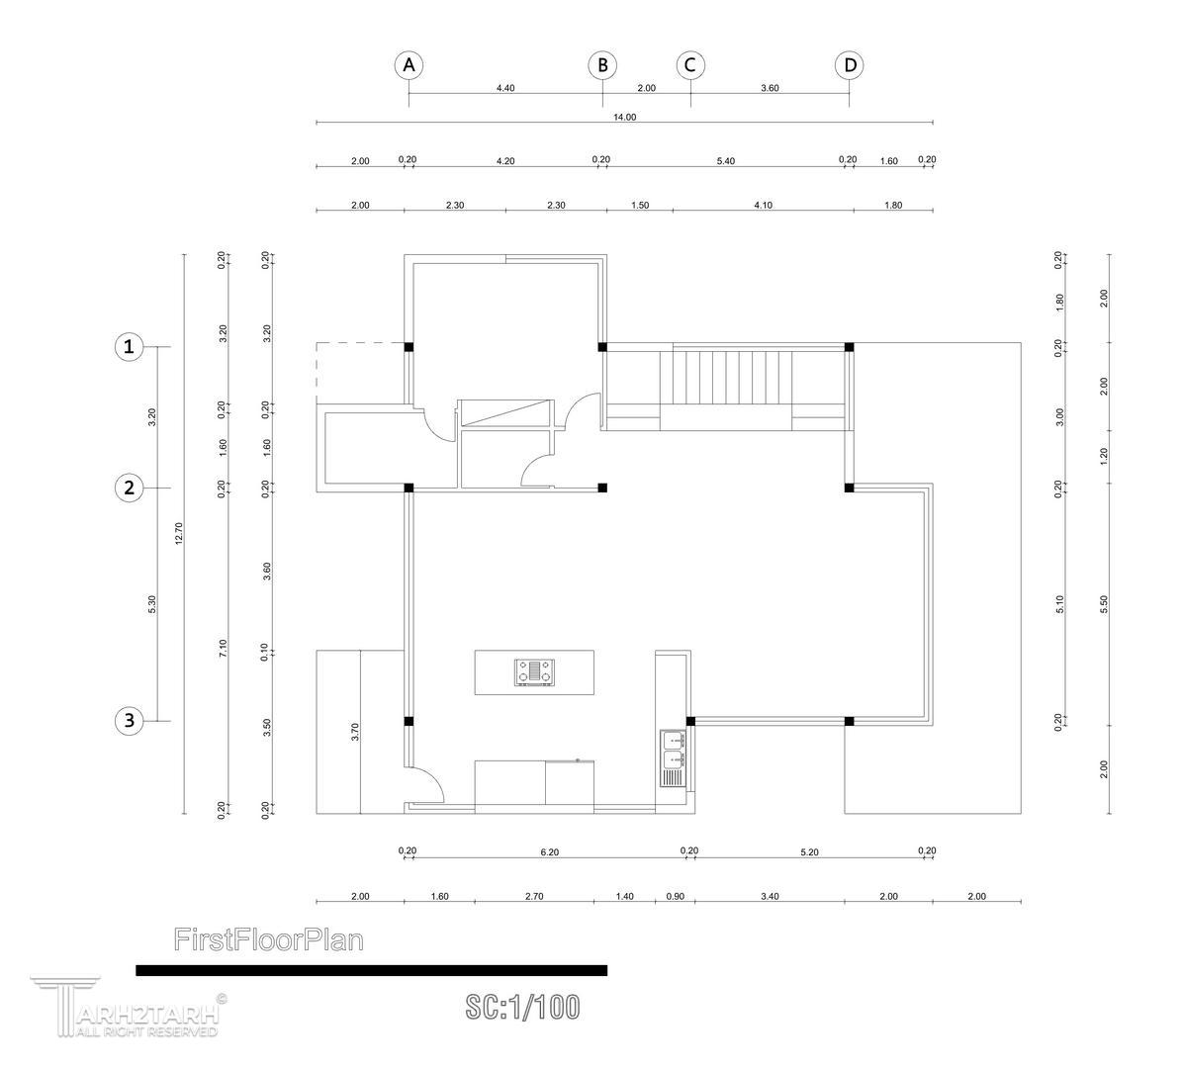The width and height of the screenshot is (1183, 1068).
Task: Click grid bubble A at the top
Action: (409, 65)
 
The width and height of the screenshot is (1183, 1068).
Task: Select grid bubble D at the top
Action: (850, 65)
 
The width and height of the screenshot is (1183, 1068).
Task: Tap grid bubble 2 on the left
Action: (129, 488)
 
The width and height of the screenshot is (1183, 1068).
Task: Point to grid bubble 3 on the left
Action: (129, 721)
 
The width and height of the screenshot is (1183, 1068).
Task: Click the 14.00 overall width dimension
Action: (625, 117)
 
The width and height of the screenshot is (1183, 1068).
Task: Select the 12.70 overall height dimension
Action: (179, 533)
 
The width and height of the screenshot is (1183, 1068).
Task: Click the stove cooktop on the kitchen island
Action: (535, 672)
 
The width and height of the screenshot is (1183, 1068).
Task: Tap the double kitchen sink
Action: (673, 758)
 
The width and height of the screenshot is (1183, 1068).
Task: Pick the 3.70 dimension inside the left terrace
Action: (355, 733)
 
